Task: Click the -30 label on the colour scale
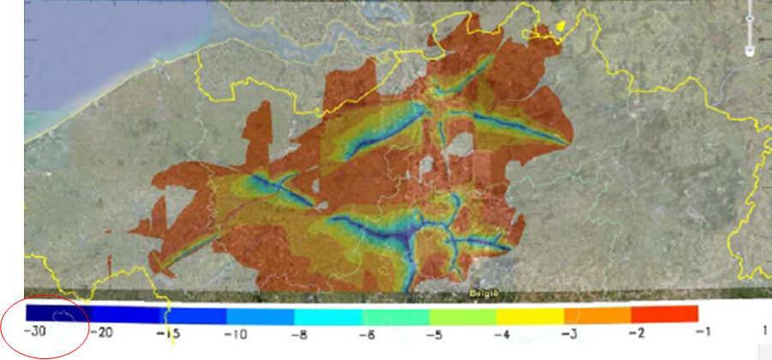click(36, 332)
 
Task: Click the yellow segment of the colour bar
click(531, 313)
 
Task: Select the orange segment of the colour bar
click(598, 313)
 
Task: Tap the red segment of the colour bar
click(666, 313)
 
